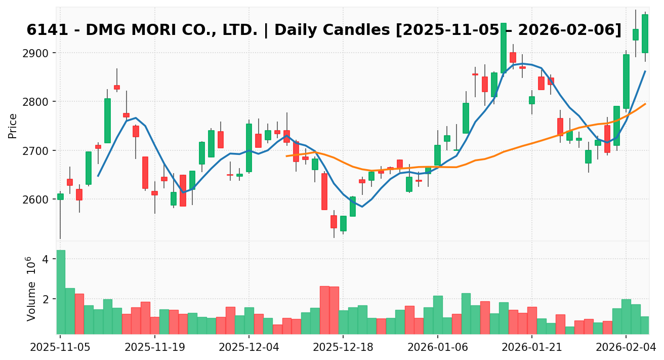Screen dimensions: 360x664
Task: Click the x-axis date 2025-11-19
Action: coord(154,348)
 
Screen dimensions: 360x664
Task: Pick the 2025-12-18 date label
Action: coord(343,348)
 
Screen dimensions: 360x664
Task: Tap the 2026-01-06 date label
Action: coord(437,348)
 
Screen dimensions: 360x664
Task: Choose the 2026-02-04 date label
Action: coord(626,348)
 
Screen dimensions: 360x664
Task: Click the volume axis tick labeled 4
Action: coord(45,259)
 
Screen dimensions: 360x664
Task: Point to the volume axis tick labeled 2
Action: coord(45,299)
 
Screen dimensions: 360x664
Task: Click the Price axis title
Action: coord(13,126)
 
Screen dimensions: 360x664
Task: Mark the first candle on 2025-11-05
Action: coord(60,196)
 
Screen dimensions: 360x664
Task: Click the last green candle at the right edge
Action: coord(645,33)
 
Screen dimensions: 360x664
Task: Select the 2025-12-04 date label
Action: coord(248,348)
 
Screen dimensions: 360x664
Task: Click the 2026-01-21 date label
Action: coord(532,348)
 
